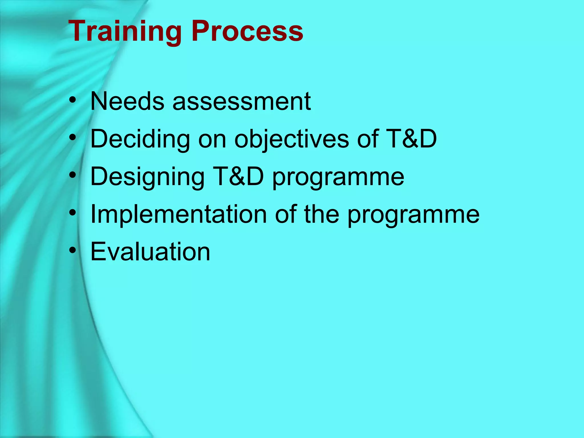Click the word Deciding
coord(140,139)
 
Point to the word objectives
coord(291,139)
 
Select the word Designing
coord(147,177)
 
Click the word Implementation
coord(179,214)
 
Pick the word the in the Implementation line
coord(322,214)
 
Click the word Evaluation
coord(150,252)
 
